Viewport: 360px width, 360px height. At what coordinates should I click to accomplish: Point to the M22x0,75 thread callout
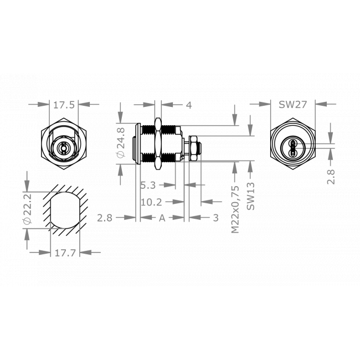click(x=235, y=209)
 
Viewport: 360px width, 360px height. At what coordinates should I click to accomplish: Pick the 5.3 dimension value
click(x=148, y=184)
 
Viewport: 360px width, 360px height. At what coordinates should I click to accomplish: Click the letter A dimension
click(x=162, y=218)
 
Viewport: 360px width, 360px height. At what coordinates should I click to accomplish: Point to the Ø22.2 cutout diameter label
click(x=27, y=209)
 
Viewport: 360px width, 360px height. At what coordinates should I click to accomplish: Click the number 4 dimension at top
click(x=189, y=104)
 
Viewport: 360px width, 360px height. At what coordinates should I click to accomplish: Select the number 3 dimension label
click(x=215, y=218)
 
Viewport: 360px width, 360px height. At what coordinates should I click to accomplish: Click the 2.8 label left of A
click(x=105, y=218)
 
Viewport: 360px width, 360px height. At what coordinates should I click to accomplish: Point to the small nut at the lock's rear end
click(x=194, y=148)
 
